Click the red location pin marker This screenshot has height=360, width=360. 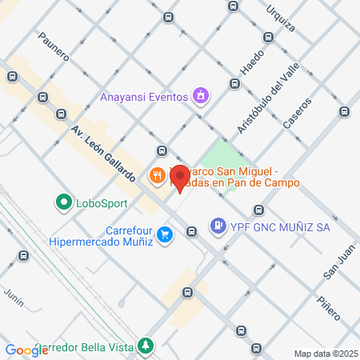coord(180,178)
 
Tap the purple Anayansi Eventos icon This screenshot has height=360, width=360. coord(201,97)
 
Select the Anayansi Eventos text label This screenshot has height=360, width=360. coord(144,98)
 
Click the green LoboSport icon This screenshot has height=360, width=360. coord(62,202)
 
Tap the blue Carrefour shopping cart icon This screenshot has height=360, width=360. coord(165,234)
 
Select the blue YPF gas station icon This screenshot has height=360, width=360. coord(217,226)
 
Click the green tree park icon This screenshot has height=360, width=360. coord(145,345)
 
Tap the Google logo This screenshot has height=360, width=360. coord(26,350)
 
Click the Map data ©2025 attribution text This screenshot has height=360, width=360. coord(326,354)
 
